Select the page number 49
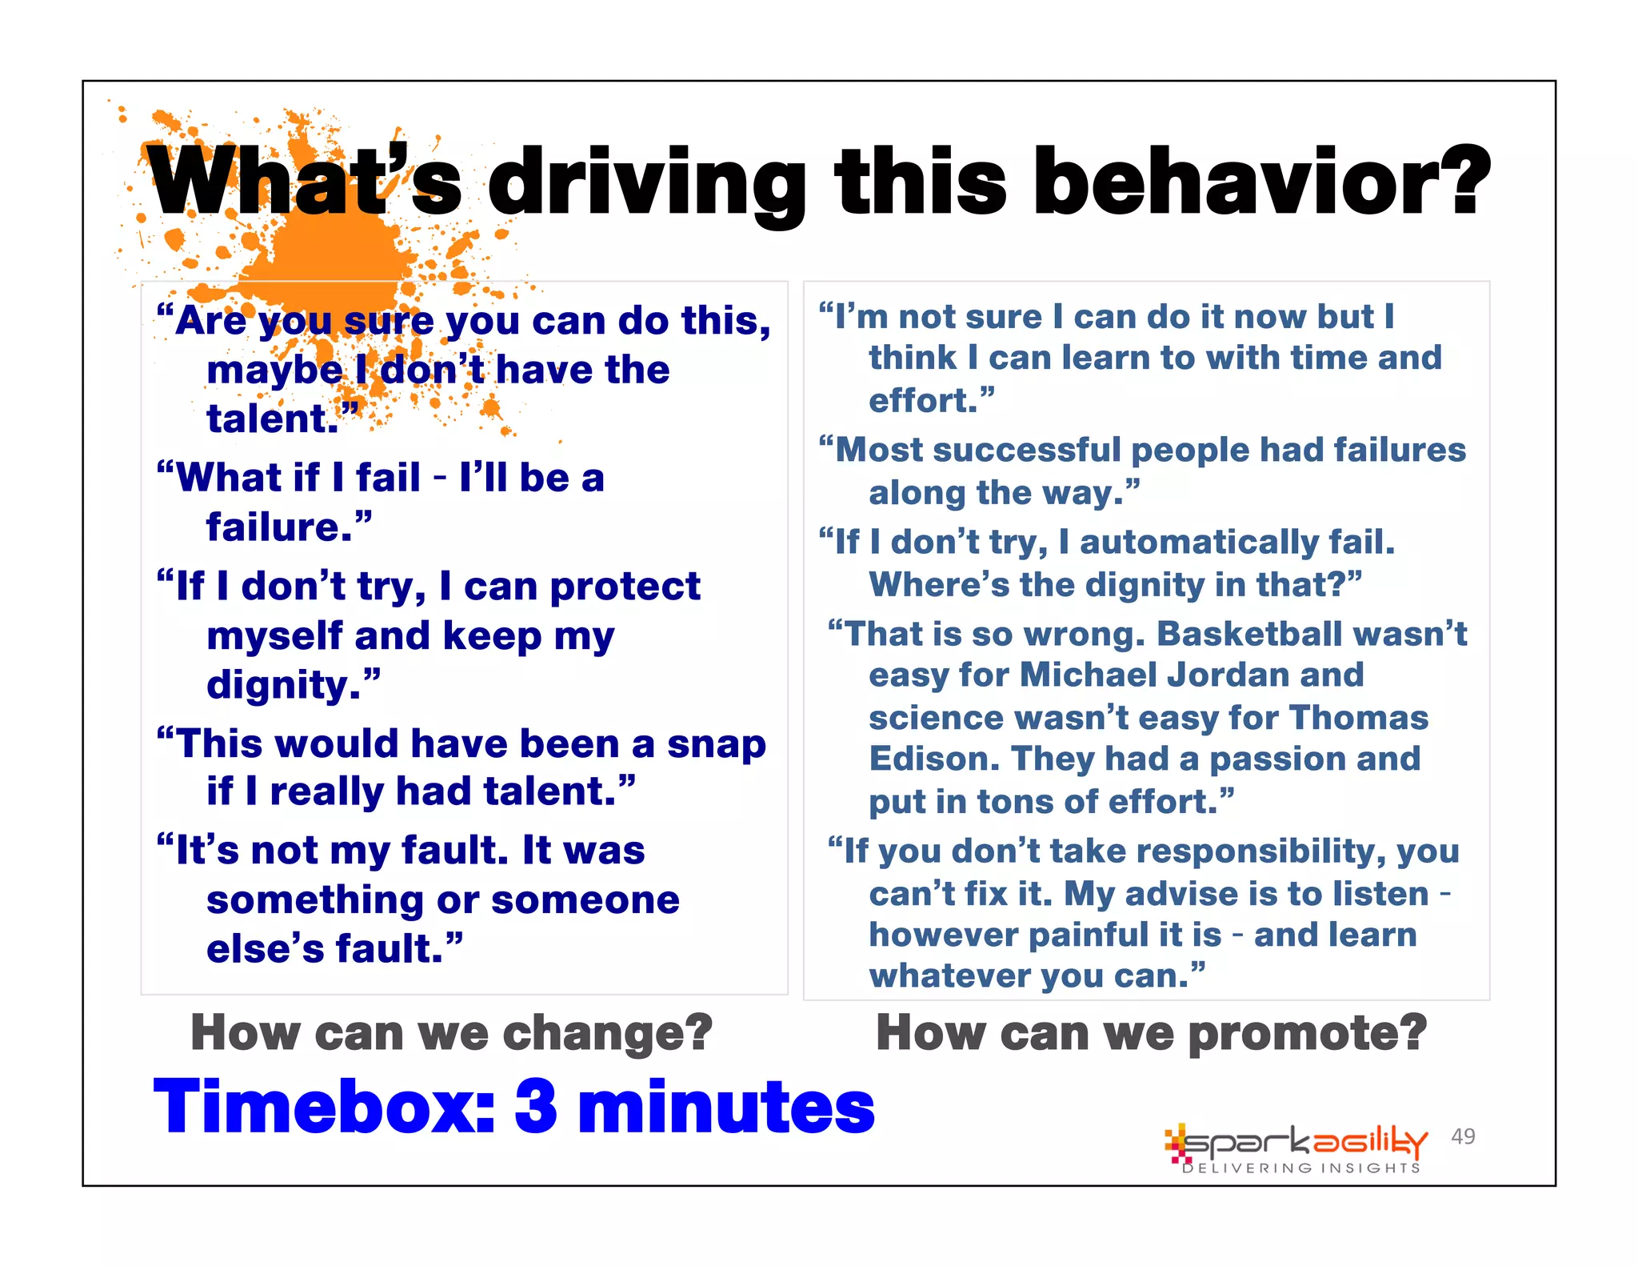coord(1463,1136)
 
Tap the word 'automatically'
coord(1199,543)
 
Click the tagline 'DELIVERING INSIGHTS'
coord(1301,1168)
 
